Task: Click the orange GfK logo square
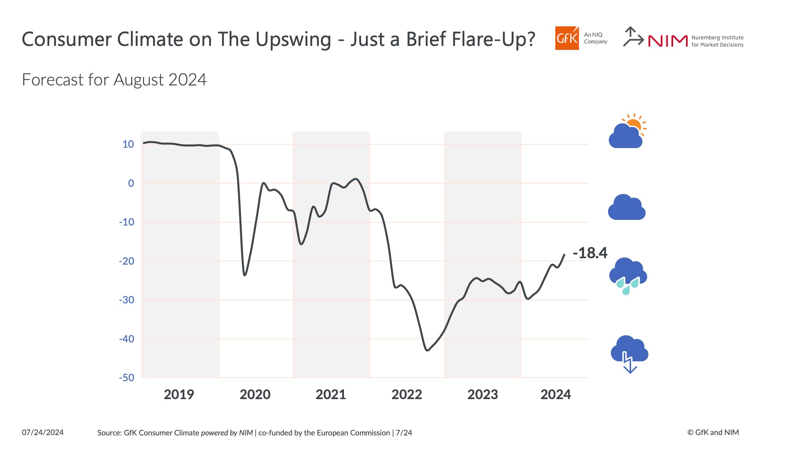pos(566,38)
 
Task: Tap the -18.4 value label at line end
pos(590,253)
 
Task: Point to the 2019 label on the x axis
pos(179,394)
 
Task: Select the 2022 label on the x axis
pos(407,394)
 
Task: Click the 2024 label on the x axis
pos(555,394)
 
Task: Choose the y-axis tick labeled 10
pos(128,144)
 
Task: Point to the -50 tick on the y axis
pos(127,378)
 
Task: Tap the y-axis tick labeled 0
pos(131,183)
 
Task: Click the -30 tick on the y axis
pos(127,300)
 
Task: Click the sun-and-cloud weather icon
pos(627,132)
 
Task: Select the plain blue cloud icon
pos(626,208)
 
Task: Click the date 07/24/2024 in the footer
pos(43,432)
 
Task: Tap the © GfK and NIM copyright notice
pos(713,432)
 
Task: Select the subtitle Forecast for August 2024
pos(114,80)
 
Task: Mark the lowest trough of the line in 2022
pos(427,350)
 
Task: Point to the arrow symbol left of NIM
pos(633,37)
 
